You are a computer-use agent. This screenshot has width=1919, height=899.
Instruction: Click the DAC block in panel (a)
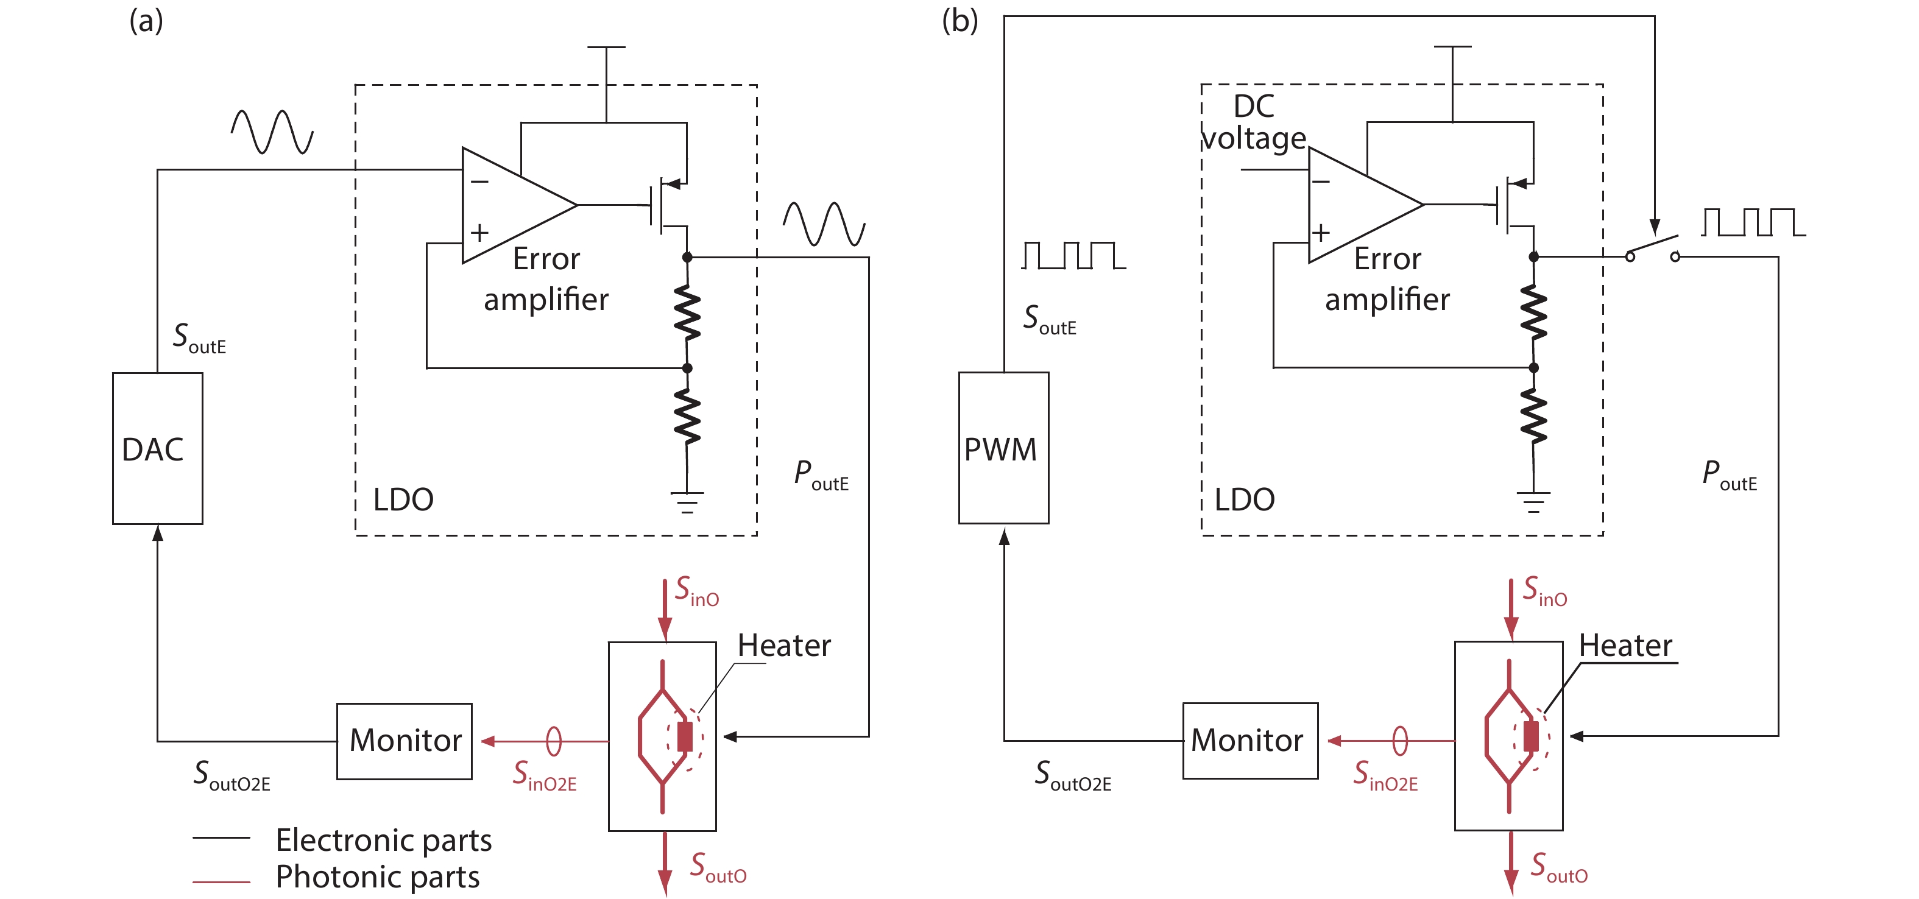[x=157, y=448]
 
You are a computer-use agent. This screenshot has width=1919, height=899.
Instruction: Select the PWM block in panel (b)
[x=1003, y=448]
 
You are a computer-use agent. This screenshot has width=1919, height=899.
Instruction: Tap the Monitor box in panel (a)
[x=404, y=741]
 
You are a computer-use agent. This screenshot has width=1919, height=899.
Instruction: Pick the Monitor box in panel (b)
[x=1249, y=741]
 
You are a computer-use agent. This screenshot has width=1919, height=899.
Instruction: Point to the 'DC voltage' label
[x=1254, y=122]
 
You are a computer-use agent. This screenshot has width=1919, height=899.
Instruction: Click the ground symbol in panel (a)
[x=687, y=501]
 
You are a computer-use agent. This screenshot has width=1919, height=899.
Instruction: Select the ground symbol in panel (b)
[x=1533, y=501]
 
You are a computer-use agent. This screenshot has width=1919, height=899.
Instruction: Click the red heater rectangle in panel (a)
[x=685, y=736]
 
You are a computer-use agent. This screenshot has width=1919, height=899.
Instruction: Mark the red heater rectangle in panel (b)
[x=1531, y=736]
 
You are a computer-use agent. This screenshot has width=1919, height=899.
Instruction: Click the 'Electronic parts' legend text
[x=383, y=840]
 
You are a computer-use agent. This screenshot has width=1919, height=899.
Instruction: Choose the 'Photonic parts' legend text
[x=377, y=876]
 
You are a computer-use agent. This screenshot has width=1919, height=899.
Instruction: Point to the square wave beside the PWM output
[x=1073, y=255]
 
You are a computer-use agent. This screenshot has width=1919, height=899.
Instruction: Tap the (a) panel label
[x=146, y=21]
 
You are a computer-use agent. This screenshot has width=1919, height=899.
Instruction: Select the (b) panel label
[x=959, y=21]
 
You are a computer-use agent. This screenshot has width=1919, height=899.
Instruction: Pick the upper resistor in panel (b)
[x=1533, y=313]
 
